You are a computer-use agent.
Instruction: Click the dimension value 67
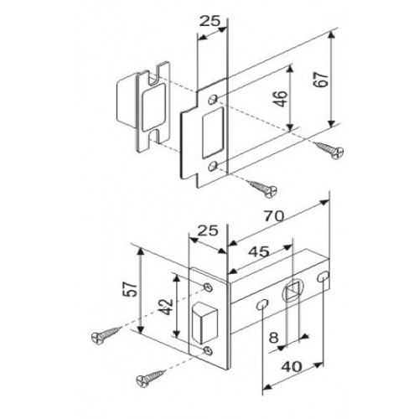point(321,80)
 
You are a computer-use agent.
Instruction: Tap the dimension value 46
point(281,98)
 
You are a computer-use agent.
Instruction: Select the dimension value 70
point(274,216)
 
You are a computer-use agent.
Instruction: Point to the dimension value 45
point(259,251)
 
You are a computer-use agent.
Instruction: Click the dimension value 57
point(131,289)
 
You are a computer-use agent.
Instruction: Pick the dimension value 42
point(167,308)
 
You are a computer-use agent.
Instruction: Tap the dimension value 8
point(274,338)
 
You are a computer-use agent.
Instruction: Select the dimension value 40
point(292,366)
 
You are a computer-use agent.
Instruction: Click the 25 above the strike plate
point(209,22)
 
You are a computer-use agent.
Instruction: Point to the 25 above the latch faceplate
point(208,231)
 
